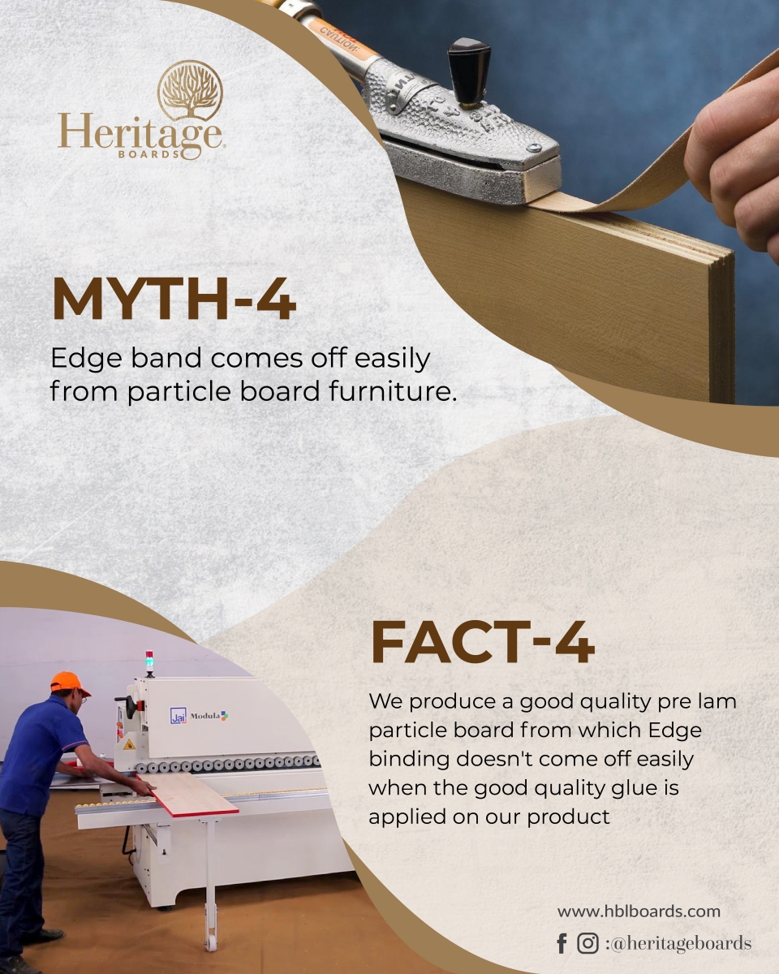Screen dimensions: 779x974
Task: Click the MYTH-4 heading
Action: pyautogui.click(x=174, y=300)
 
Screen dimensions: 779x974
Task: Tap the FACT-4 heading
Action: pyautogui.click(x=483, y=642)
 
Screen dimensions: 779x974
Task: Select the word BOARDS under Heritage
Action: pyautogui.click(x=149, y=154)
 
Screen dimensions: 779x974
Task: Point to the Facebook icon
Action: pyautogui.click(x=562, y=943)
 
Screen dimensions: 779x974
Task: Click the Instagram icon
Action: pyautogui.click(x=587, y=943)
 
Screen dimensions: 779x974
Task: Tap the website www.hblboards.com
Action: pyautogui.click(x=639, y=911)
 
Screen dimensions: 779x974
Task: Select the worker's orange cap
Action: pyautogui.click(x=69, y=683)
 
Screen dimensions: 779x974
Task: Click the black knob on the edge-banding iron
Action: pyautogui.click(x=469, y=71)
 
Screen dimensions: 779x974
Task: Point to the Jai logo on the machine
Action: pyautogui.click(x=179, y=715)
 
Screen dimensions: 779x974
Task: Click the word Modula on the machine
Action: pyautogui.click(x=204, y=716)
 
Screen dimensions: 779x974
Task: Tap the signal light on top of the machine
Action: pyautogui.click(x=149, y=663)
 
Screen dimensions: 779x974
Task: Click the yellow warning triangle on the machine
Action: pyautogui.click(x=129, y=744)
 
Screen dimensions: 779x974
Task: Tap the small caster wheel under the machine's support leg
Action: pyautogui.click(x=211, y=942)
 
